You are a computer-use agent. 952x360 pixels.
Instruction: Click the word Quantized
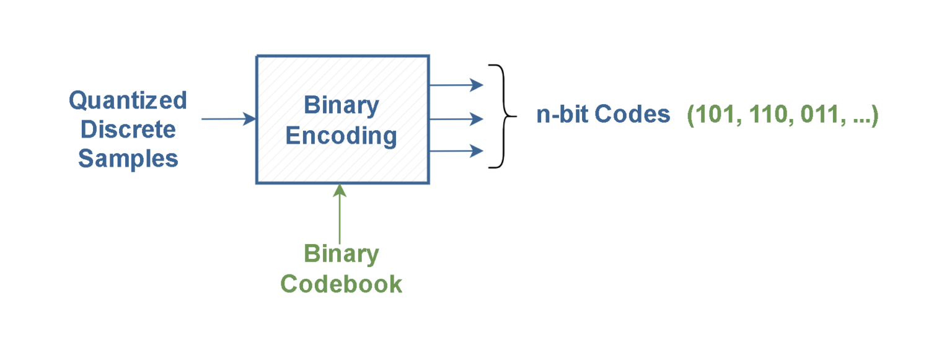click(128, 100)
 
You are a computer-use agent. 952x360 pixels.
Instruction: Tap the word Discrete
click(128, 130)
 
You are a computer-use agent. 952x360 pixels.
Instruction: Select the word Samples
click(128, 159)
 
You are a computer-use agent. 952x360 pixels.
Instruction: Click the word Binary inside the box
click(342, 105)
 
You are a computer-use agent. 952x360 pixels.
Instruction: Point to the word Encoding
click(342, 135)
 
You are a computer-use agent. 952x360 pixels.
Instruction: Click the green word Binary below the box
click(342, 254)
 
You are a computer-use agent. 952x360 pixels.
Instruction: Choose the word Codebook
click(342, 284)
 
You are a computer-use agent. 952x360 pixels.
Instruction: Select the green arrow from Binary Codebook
click(339, 214)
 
